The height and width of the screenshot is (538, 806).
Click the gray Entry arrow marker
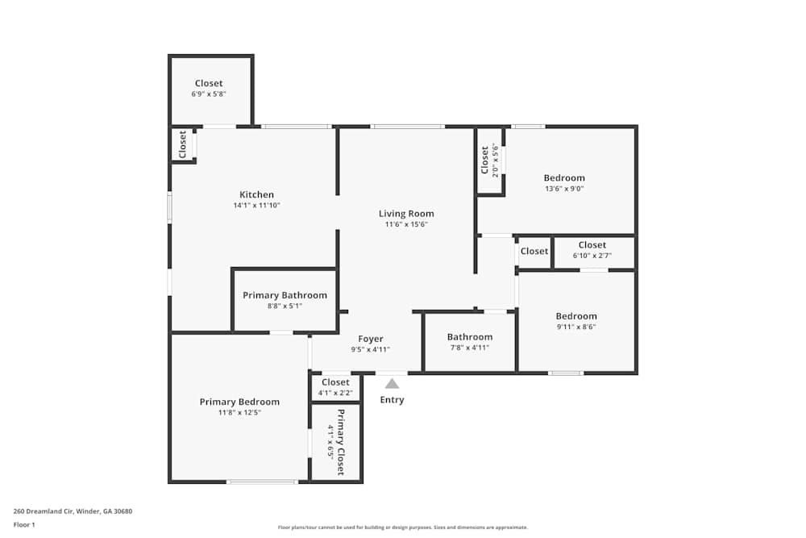tap(393, 384)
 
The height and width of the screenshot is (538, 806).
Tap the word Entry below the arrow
tap(393, 399)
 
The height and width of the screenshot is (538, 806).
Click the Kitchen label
tap(256, 194)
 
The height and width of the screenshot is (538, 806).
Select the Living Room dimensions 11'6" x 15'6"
tap(406, 224)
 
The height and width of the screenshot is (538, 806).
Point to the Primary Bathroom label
tap(285, 295)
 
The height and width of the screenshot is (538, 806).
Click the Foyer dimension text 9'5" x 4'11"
tap(371, 349)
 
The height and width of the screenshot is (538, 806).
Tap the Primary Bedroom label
tap(239, 402)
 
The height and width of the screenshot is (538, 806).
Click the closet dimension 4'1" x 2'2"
tap(335, 393)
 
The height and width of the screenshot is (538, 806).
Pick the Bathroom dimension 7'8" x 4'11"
tap(470, 348)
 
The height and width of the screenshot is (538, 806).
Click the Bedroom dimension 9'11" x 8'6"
tap(576, 327)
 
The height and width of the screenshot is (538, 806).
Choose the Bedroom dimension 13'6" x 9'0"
tap(564, 189)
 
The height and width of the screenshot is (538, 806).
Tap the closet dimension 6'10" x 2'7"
tap(592, 256)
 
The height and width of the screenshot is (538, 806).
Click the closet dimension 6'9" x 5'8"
tap(209, 94)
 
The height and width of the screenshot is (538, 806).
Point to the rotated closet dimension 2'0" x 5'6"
tap(496, 161)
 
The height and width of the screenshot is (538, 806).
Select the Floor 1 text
tap(24, 524)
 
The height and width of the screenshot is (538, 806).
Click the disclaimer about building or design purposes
tap(402, 528)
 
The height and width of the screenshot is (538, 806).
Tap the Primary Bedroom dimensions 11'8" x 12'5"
tap(239, 412)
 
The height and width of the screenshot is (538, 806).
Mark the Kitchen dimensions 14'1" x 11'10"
tap(256, 205)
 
